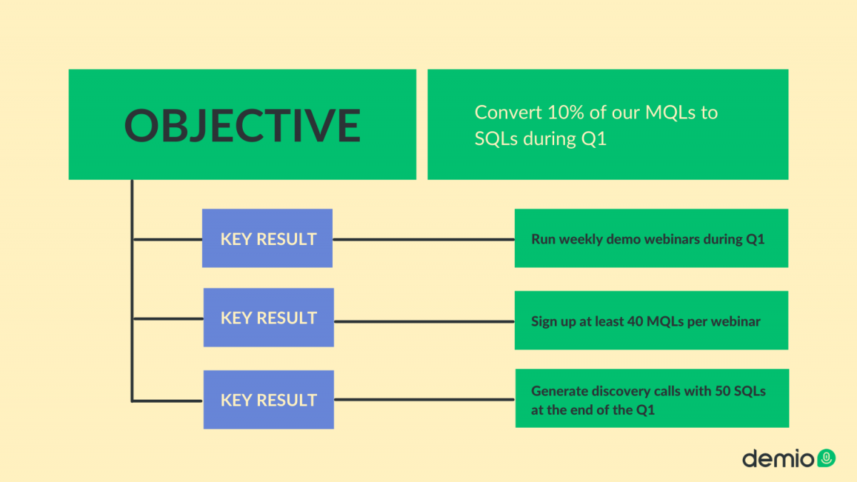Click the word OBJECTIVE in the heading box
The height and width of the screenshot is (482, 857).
point(242,125)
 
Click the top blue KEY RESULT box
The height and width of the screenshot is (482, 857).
point(267,238)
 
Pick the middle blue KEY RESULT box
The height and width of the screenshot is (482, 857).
point(269,318)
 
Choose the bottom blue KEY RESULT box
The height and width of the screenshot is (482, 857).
point(269,399)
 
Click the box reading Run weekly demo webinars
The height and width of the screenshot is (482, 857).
point(651,238)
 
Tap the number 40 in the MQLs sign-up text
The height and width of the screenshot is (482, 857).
point(635,321)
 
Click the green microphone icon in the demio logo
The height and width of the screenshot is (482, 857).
point(826,458)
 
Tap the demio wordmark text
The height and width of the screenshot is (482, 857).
point(778,458)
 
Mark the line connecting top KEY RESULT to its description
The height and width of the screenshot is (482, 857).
point(424,239)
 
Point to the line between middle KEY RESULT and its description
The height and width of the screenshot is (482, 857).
point(424,322)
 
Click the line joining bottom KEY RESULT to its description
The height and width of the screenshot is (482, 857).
point(425,399)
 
